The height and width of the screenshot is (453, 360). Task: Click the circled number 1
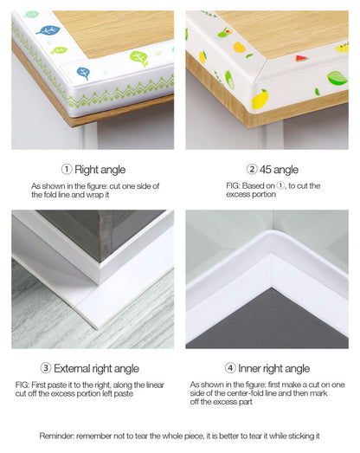67,170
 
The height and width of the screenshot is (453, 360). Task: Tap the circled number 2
252,170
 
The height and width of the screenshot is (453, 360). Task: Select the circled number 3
46,369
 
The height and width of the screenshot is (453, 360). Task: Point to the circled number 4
231,369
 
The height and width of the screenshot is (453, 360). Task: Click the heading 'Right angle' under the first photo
100,170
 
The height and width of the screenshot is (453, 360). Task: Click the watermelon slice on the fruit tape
301,58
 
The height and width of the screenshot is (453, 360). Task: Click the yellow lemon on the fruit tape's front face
259,100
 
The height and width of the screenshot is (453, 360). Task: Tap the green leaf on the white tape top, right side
138,59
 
